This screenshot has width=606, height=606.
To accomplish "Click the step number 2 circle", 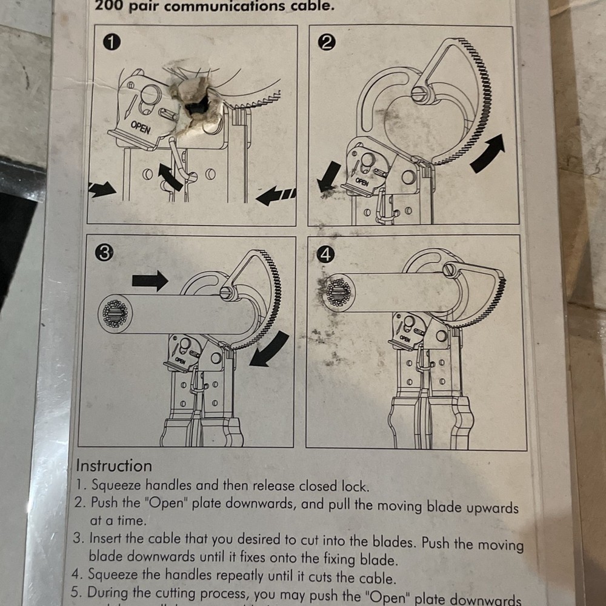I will tap(327, 43).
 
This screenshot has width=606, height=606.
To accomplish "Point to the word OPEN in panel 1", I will tap(139, 127).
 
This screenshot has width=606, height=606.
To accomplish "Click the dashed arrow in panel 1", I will tap(276, 196).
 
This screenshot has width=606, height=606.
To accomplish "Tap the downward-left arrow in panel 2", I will tap(329, 175).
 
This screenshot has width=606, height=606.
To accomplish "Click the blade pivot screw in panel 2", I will tap(419, 93).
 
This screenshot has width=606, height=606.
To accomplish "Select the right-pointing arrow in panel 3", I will tap(150, 280).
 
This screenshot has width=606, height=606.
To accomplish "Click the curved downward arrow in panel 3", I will tap(269, 350).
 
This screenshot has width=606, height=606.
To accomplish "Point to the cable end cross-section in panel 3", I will tap(114, 313).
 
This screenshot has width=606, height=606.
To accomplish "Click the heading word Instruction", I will tap(113, 466).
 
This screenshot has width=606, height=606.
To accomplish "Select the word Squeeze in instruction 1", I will tap(116, 485).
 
